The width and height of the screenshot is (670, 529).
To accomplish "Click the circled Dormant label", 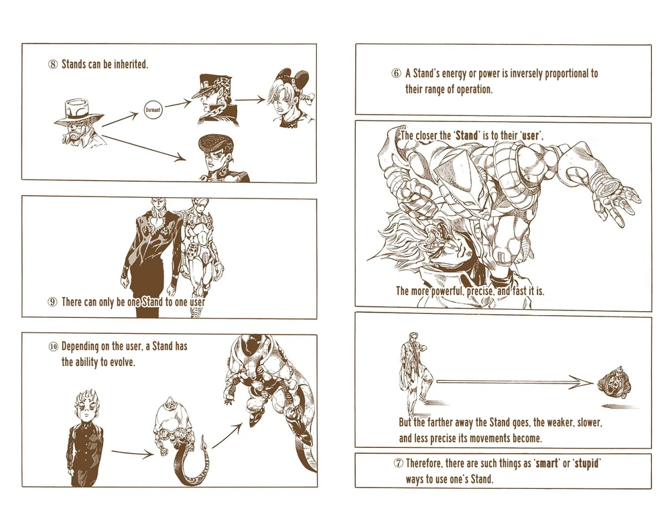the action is pyautogui.click(x=153, y=110).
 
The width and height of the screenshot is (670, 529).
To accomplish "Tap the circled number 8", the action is pyautogui.click(x=52, y=64).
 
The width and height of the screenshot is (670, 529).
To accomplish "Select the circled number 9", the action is pyautogui.click(x=52, y=302).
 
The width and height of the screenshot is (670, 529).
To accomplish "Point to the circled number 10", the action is pyautogui.click(x=53, y=347).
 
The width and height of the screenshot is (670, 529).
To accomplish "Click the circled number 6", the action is pyautogui.click(x=396, y=74).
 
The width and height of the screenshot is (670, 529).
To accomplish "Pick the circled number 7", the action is pyautogui.click(x=398, y=463).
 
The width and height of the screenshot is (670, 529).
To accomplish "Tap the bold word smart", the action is pyautogui.click(x=547, y=463).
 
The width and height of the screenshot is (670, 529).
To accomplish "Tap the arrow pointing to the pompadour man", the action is pyautogui.click(x=143, y=148).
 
